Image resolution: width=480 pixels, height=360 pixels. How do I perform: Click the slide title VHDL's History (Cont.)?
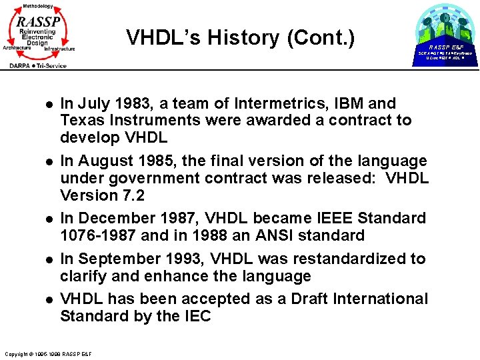coord(241,38)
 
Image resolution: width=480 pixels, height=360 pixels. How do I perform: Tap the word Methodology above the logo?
coord(37,5)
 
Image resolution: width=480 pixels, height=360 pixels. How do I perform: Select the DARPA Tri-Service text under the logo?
coord(38,65)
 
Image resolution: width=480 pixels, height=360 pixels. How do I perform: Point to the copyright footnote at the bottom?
coord(47,353)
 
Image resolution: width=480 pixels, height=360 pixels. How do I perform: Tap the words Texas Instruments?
coord(122,121)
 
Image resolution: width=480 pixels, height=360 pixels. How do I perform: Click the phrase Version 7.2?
coord(101,195)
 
